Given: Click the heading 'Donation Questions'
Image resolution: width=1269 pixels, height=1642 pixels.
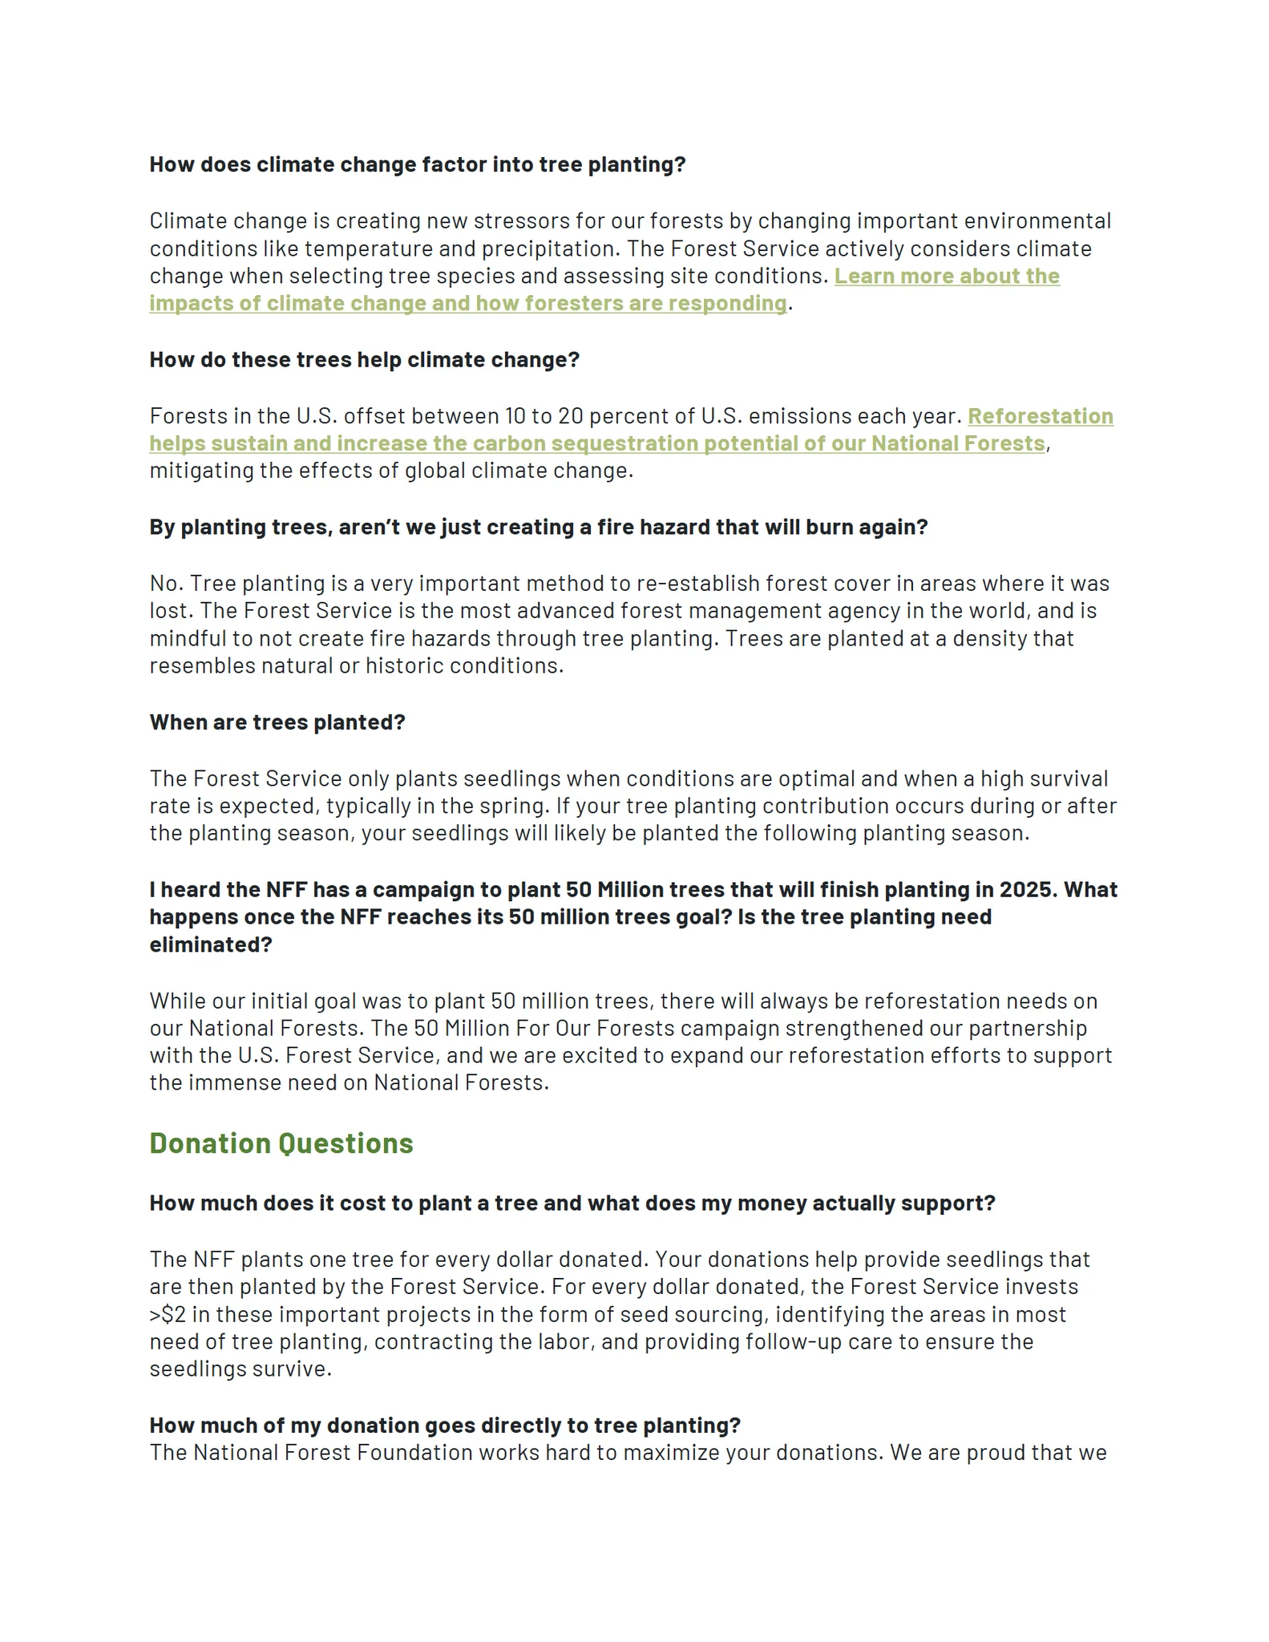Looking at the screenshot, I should [281, 1143].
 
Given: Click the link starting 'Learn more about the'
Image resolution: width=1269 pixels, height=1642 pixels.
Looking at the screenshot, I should [947, 276].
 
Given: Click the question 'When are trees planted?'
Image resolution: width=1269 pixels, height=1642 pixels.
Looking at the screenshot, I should [277, 722].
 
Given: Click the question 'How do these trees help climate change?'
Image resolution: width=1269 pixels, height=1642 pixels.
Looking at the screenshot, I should [364, 360].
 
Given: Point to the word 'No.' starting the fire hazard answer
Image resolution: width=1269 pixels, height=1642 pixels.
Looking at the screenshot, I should [166, 584].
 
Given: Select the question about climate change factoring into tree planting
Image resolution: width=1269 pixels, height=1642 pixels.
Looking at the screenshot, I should [418, 164].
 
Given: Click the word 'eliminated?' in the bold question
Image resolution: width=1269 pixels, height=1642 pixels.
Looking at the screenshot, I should [211, 944].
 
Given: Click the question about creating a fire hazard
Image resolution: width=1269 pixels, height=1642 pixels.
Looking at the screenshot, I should [538, 528].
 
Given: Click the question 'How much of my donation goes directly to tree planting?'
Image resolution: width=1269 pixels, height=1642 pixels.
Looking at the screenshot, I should [445, 1425].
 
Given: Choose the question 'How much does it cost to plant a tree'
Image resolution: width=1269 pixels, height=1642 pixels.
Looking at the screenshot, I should [572, 1203].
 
